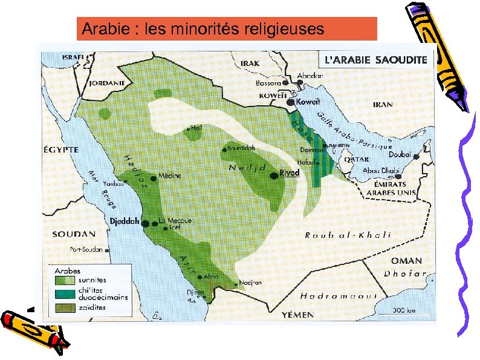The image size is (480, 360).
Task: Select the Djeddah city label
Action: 125,221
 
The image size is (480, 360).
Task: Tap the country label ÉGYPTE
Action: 60,149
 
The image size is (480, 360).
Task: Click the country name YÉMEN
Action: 297,315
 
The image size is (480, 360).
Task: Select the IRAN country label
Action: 383,105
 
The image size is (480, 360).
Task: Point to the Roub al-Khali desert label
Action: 348,235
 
